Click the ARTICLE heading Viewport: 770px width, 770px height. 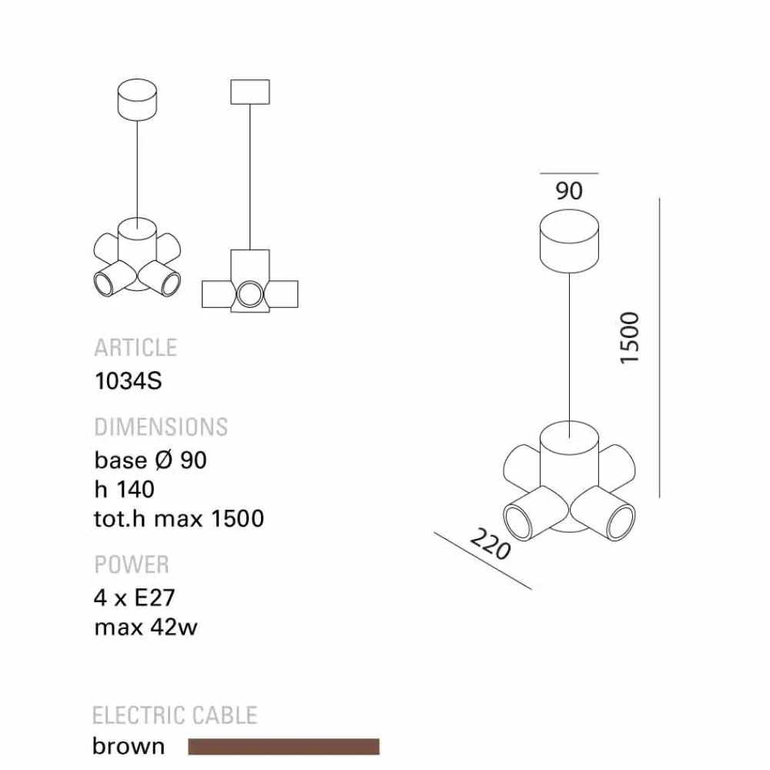point(136,348)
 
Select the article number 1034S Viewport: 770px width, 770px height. point(128,381)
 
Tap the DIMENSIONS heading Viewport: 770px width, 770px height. point(161,427)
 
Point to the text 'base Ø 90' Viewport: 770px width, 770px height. point(150,460)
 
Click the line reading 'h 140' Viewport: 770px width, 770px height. point(124,489)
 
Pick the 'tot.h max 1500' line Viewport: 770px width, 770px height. point(179,518)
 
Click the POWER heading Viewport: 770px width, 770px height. point(132,564)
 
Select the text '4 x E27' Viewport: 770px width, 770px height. point(135,598)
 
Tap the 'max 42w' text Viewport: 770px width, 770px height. point(146,627)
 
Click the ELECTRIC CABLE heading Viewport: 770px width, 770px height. point(175,715)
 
